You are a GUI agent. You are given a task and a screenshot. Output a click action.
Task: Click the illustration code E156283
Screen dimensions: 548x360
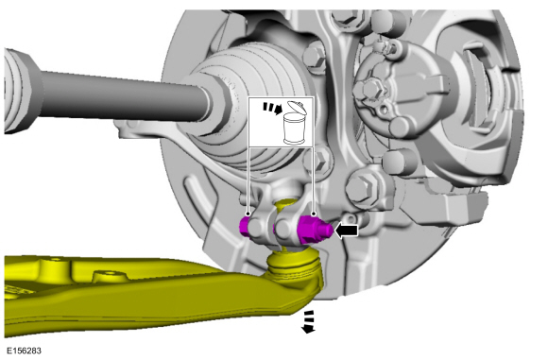pyautogui.click(x=24, y=351)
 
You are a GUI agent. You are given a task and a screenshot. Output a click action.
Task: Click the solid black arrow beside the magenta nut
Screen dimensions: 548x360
pyautogui.click(x=347, y=231)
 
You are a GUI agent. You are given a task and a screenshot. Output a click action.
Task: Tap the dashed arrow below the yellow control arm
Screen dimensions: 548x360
pyautogui.click(x=308, y=321)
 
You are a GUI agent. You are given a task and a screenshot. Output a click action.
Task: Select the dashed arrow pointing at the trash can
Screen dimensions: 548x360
pyautogui.click(x=273, y=108)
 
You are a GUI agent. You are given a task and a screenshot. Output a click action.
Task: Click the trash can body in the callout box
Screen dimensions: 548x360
pyautogui.click(x=294, y=129)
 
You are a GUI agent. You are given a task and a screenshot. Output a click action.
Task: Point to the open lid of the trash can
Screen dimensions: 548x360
pyautogui.click(x=297, y=107)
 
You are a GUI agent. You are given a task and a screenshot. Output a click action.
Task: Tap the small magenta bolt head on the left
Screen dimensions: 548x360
pyautogui.click(x=245, y=227)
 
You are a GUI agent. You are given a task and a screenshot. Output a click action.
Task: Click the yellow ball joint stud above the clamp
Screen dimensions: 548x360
pyautogui.click(x=284, y=204)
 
